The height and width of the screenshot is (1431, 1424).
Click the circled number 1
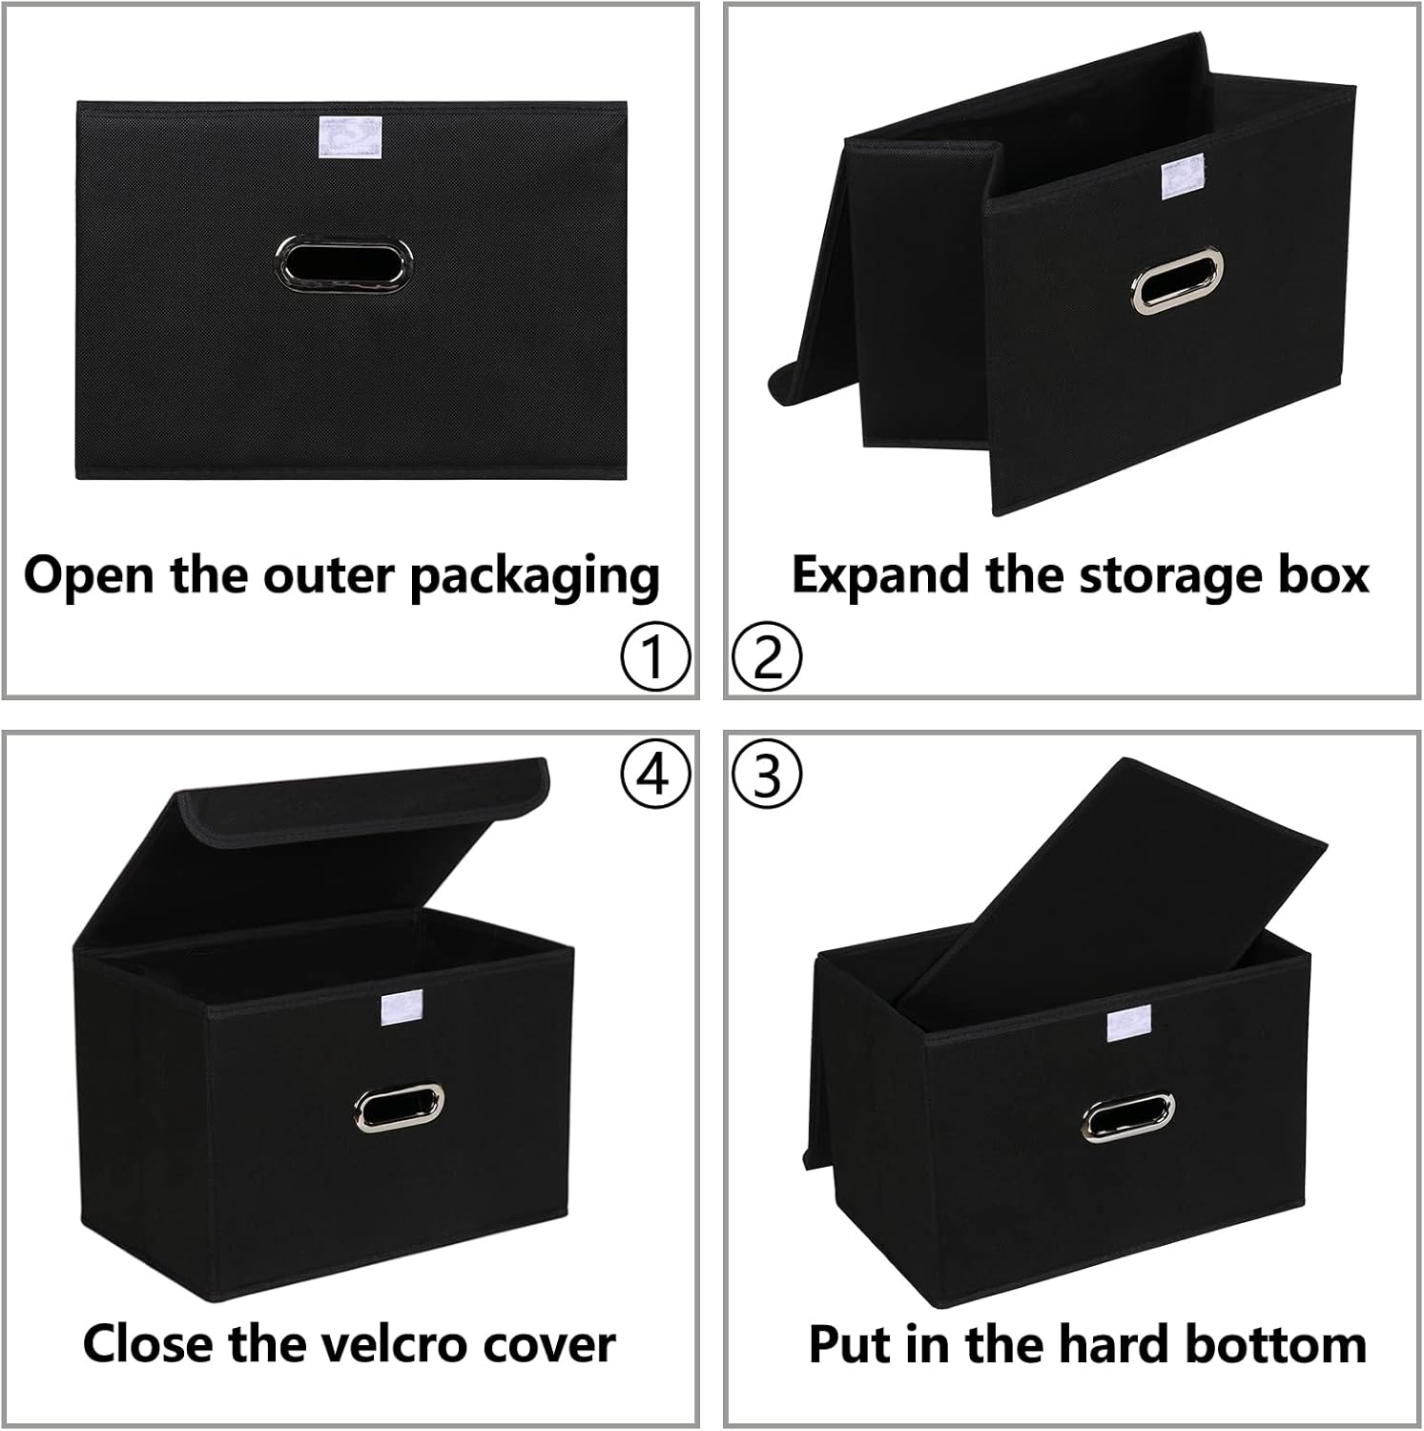click(654, 656)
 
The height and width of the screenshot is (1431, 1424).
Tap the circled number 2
click(767, 656)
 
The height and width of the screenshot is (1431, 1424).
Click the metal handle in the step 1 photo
click(346, 262)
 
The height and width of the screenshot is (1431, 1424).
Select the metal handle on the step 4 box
click(399, 1107)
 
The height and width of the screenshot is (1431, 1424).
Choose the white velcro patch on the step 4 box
click(400, 1009)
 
